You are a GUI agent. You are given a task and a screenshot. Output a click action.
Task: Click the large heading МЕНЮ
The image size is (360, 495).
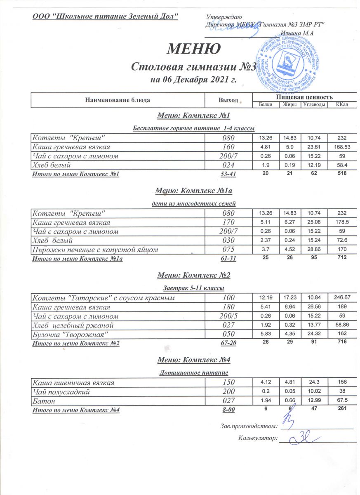[193, 49]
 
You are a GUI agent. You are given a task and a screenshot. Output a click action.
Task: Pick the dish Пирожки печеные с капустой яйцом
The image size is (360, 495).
[96, 250]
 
